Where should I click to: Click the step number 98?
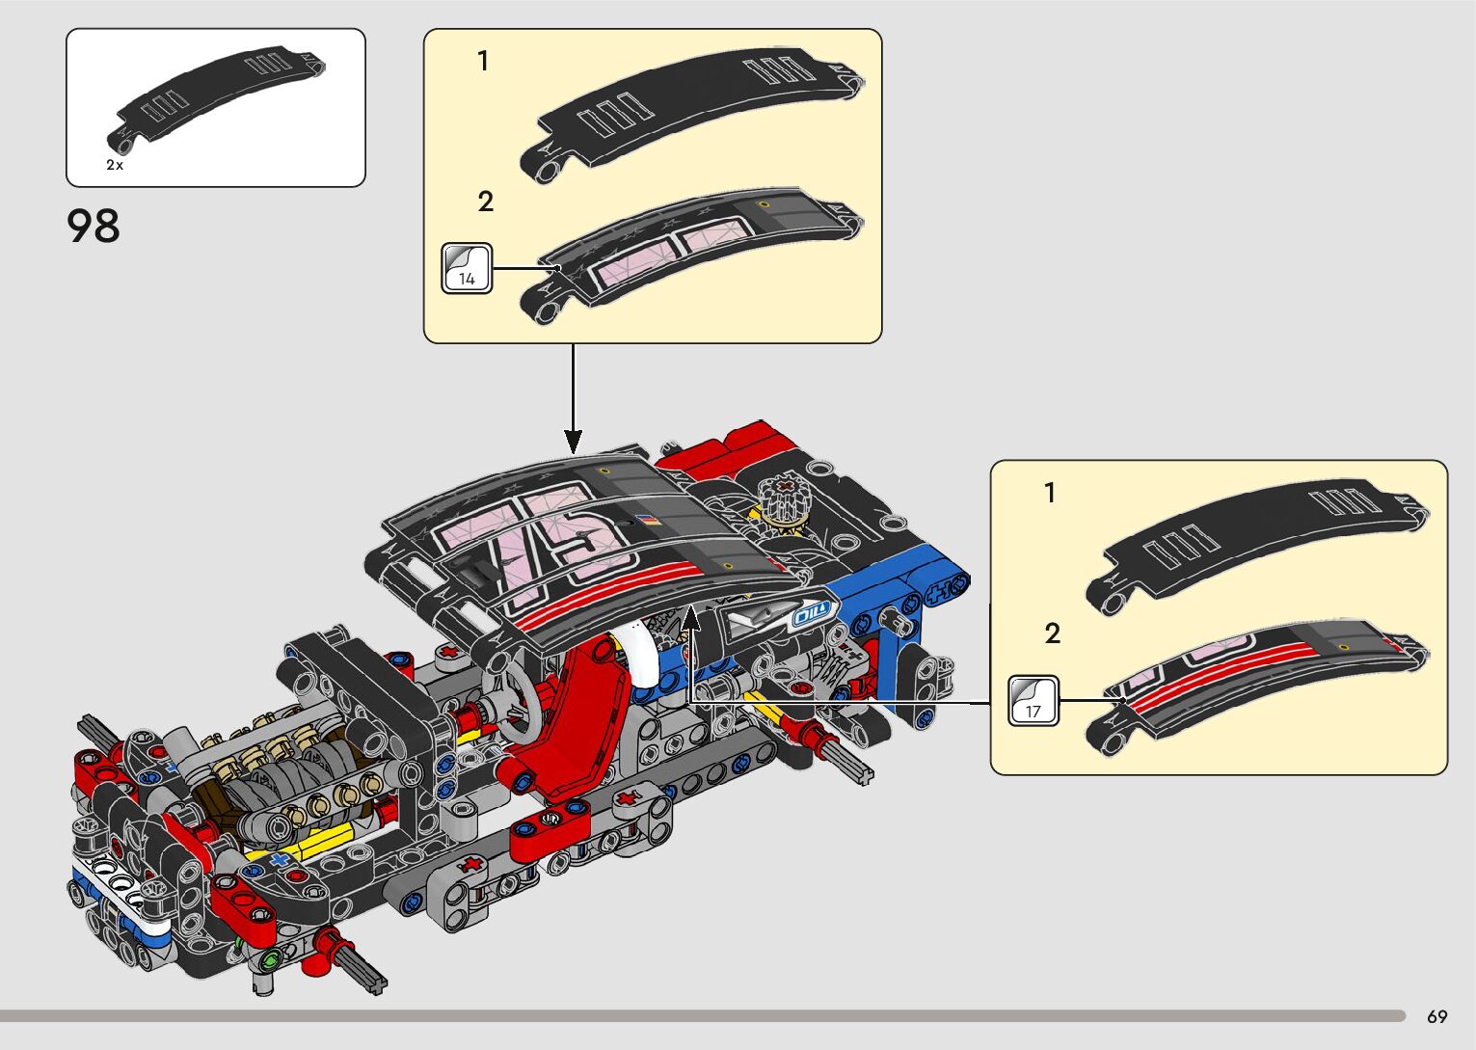94,227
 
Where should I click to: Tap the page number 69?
1436,1016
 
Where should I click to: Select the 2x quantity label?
115,165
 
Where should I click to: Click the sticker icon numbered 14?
467,268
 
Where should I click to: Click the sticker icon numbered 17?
1033,701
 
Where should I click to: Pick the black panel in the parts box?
217,96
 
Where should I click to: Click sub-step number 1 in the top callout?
483,62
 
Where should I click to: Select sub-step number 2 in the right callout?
1052,633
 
